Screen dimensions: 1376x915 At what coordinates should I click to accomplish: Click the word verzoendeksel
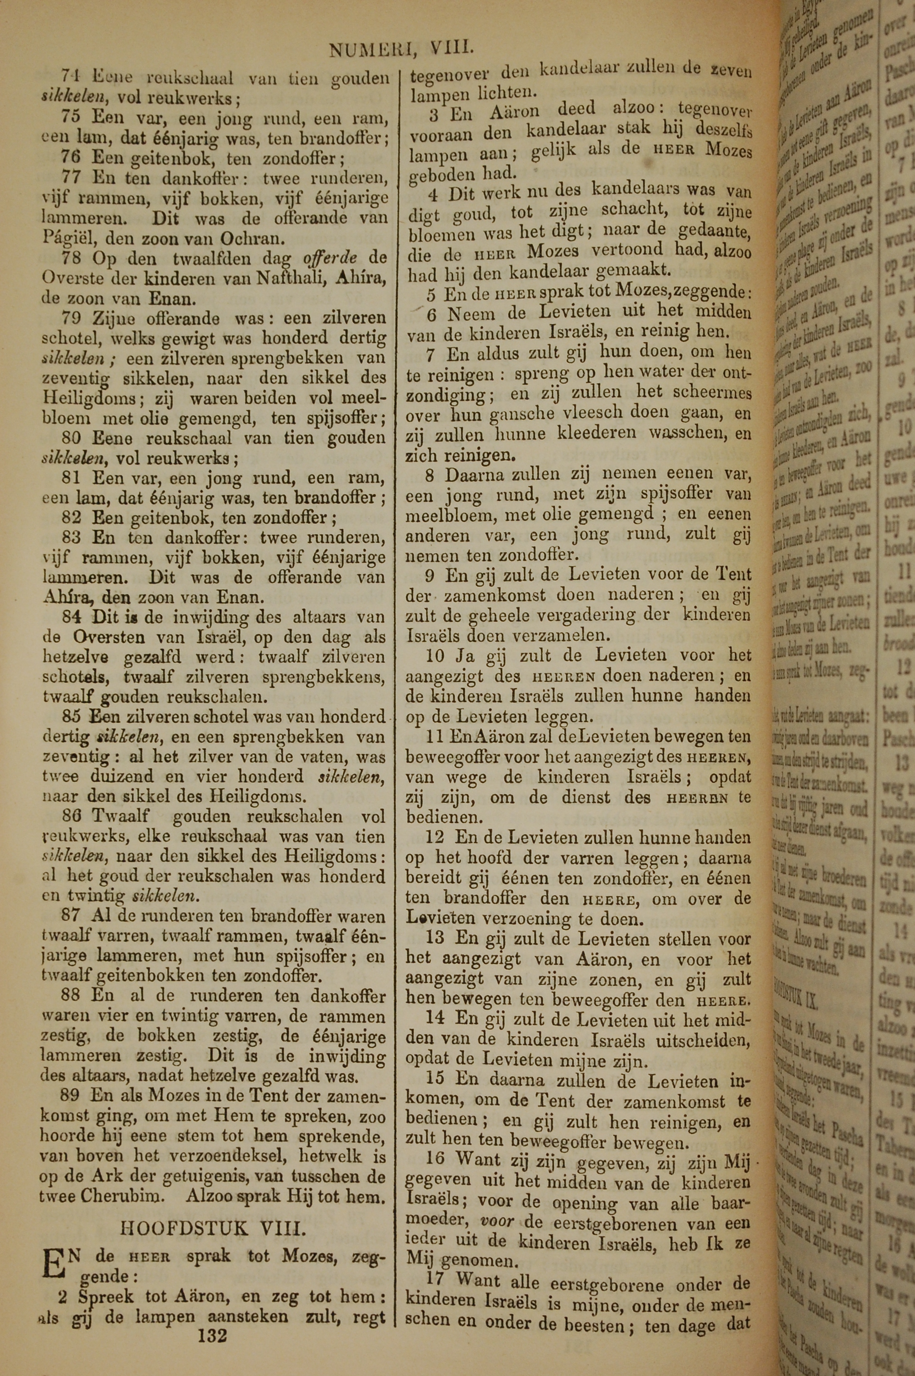219,1139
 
